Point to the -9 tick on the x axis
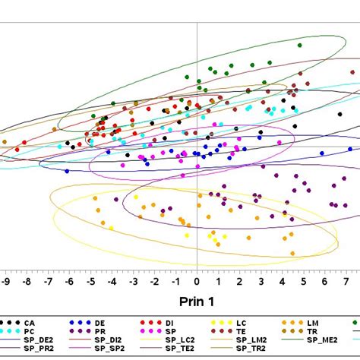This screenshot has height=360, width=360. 6,282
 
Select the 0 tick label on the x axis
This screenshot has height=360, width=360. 197,282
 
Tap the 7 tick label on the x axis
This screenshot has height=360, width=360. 346,282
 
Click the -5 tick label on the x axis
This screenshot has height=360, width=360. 91,282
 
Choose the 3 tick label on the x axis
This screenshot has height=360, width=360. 261,282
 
